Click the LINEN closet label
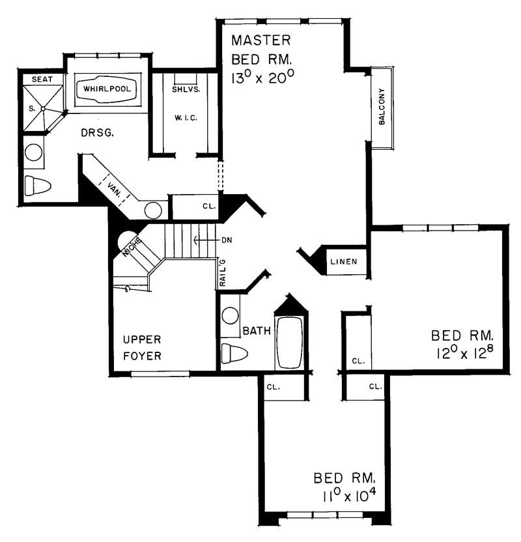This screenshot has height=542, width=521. tap(345, 262)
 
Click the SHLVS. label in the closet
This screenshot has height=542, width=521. tap(186, 89)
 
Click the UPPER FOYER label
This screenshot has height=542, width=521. tap(143, 348)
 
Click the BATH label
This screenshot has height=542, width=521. tap(257, 332)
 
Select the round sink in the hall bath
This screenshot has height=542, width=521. tap(230, 316)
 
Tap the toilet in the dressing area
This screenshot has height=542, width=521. tap(37, 186)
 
